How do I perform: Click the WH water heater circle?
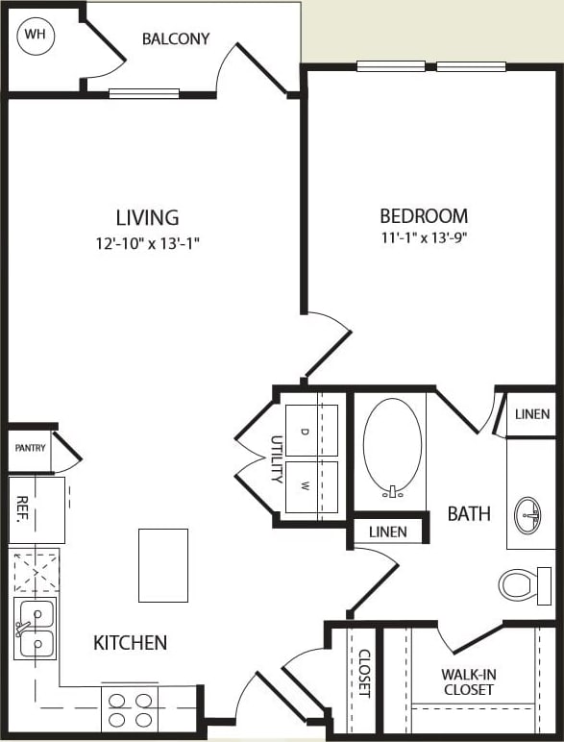click(36, 36)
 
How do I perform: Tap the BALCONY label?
click(176, 39)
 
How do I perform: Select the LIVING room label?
click(147, 217)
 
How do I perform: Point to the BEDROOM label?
click(424, 216)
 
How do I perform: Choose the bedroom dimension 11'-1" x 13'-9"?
click(424, 237)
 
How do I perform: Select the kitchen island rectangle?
click(162, 565)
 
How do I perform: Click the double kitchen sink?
click(36, 628)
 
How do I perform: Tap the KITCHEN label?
click(131, 642)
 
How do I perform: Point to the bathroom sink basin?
click(528, 514)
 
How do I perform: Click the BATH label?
click(469, 514)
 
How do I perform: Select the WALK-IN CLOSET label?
click(468, 682)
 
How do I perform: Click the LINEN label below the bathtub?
click(387, 532)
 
